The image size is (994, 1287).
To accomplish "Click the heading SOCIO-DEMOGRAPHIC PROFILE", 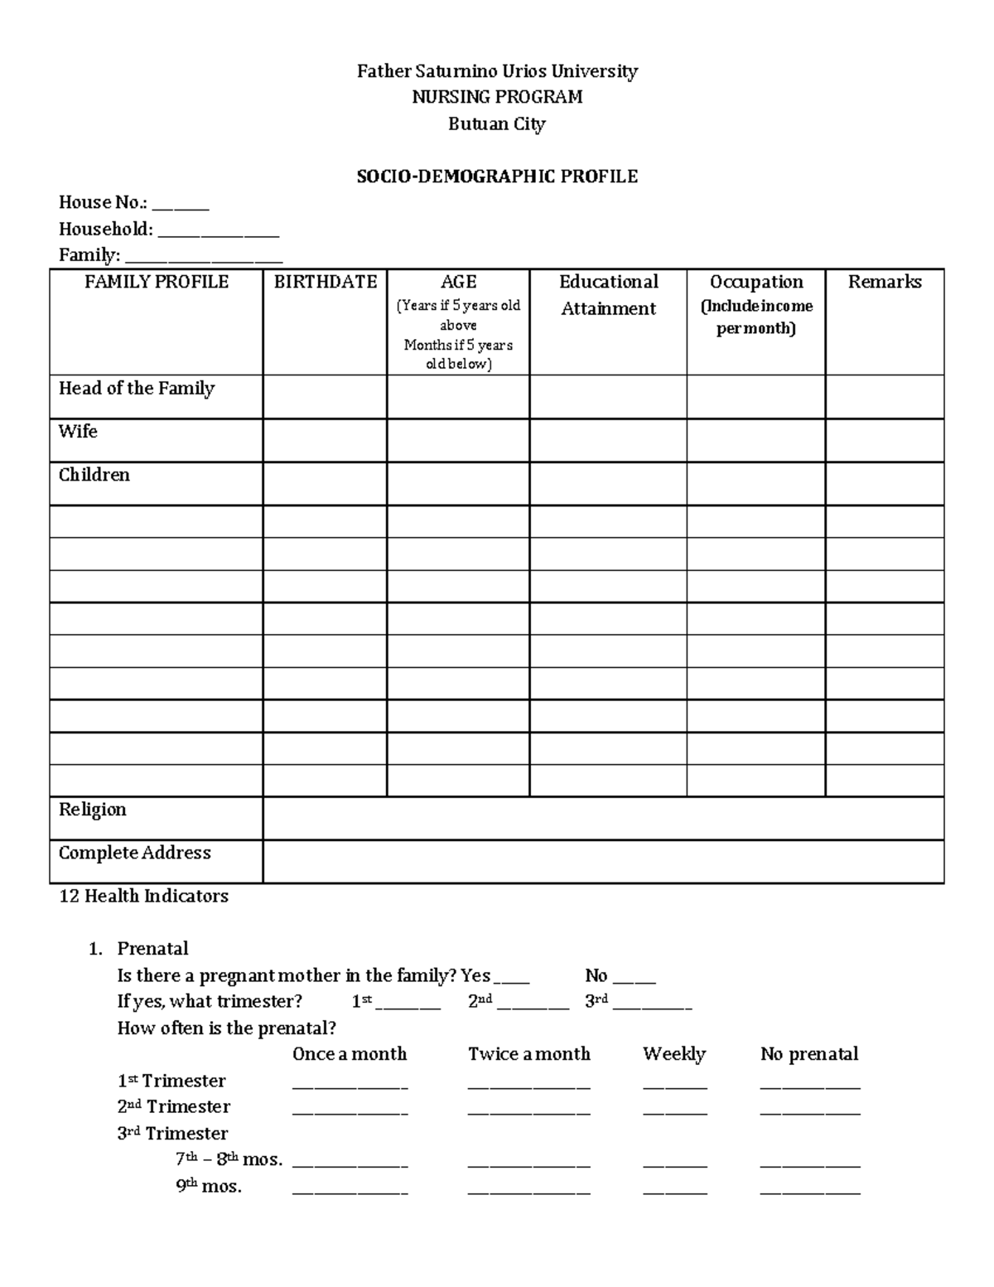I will (x=497, y=177).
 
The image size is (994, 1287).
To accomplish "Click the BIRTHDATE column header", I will (x=326, y=283).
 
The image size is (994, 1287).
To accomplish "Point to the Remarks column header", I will (x=885, y=283).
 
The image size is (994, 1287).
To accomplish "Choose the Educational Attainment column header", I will (x=609, y=295).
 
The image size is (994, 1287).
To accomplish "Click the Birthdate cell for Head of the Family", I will (x=326, y=397).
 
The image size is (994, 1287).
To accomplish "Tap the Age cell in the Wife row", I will (x=458, y=440).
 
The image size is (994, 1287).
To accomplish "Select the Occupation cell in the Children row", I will (x=756, y=483).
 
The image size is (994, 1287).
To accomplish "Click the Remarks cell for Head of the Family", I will (x=885, y=397).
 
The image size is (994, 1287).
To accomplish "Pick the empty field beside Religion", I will (x=603, y=819).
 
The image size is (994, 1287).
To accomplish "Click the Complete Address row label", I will (x=135, y=854).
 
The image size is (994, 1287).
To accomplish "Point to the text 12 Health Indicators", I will (x=144, y=897).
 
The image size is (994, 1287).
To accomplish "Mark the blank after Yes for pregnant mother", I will (x=511, y=980).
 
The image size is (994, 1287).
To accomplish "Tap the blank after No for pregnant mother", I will (x=635, y=980).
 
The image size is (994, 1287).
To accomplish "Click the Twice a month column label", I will (x=529, y=1054).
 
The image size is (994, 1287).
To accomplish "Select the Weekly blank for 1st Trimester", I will (x=675, y=1085).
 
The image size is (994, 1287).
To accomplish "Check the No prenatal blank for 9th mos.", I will (x=810, y=1190).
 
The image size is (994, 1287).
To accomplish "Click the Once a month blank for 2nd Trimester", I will (x=350, y=1110).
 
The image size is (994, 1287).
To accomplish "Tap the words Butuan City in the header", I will (x=497, y=124).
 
